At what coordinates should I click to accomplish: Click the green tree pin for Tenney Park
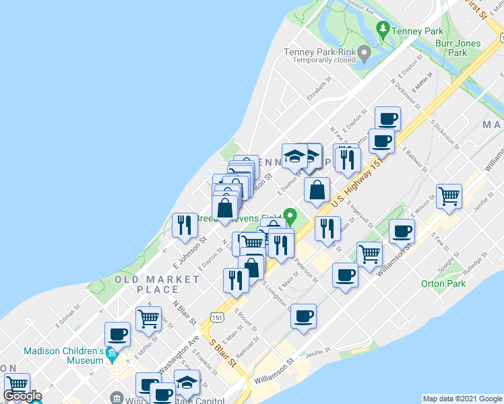tap(383, 29)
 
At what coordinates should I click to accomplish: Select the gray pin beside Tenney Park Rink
tap(365, 52)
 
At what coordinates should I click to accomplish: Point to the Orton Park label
tap(443, 283)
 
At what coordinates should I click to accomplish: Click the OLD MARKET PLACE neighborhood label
tap(147, 284)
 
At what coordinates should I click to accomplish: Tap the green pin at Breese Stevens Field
tap(290, 217)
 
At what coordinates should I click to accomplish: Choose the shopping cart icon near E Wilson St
tap(449, 195)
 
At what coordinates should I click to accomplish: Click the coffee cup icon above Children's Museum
tap(117, 333)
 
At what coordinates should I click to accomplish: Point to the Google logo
tap(23, 396)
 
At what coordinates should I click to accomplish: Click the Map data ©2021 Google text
tap(462, 399)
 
